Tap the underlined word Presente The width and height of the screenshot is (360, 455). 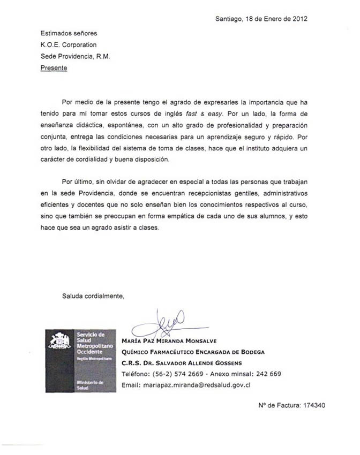point(54,68)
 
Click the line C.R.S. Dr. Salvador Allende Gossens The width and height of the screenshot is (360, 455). point(182,363)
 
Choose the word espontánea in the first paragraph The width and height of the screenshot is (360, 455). point(121,125)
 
